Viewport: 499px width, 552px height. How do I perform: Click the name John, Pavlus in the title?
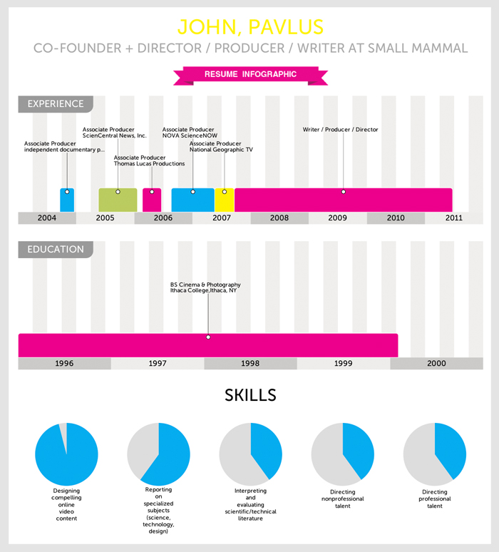pos(249,27)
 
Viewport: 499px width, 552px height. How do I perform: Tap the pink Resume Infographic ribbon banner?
pos(249,73)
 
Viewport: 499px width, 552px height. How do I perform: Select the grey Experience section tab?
pos(55,104)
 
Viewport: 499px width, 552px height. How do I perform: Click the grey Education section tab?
pos(55,250)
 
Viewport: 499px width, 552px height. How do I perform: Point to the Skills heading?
pos(250,395)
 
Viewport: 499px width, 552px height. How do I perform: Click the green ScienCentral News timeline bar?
pos(118,199)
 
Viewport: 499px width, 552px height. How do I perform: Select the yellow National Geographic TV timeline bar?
pos(224,199)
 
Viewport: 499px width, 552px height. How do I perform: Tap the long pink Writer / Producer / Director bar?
pos(343,199)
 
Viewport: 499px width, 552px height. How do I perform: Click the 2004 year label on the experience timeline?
pos(47,218)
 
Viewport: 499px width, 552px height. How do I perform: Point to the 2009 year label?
pos(337,218)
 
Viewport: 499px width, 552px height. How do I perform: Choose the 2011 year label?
pos(453,218)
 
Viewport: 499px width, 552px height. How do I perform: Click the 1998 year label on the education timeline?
pos(250,364)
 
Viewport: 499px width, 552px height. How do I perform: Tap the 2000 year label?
pos(436,364)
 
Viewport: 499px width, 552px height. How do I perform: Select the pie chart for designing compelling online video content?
pos(66,454)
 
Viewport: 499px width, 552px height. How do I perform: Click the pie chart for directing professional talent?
pos(435,454)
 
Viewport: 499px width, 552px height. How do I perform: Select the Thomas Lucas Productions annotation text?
pos(149,161)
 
